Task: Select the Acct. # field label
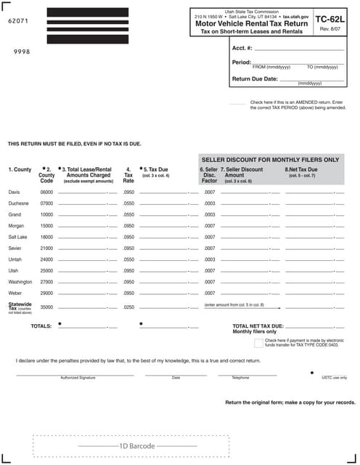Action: tap(242, 48)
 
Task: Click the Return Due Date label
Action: tap(255, 78)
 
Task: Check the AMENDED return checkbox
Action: tap(237, 104)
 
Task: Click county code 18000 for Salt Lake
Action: tap(46, 237)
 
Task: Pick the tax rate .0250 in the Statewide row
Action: tap(128, 307)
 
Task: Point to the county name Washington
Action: tap(20, 282)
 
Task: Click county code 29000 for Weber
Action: tap(46, 293)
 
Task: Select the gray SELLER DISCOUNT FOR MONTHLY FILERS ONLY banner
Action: tap(269, 159)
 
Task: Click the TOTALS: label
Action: tap(41, 326)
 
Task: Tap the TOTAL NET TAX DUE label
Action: tap(258, 326)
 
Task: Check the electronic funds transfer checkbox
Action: tap(258, 342)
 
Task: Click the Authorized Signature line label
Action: tap(78, 378)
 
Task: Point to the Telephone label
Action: tap(240, 378)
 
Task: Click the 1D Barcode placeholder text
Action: tap(137, 445)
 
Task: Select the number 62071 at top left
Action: tap(17, 23)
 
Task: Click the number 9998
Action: tap(22, 52)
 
